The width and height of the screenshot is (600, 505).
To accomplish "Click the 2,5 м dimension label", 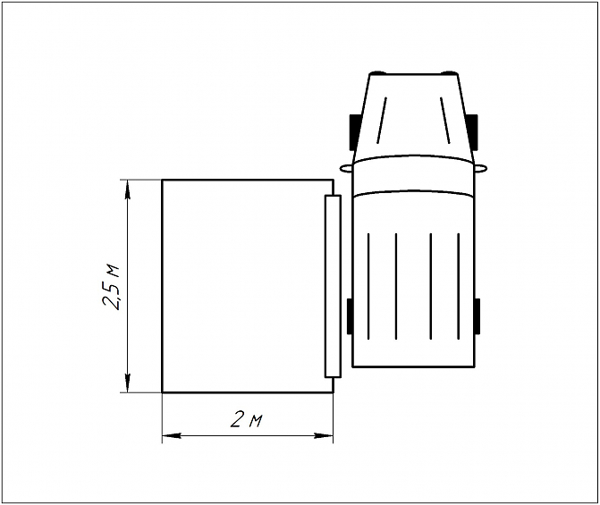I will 113,287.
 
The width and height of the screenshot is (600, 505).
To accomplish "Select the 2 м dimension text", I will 245,420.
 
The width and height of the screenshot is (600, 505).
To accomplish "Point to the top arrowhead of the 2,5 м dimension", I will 130,187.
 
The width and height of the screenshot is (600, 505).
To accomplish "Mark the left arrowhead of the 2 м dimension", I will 170,436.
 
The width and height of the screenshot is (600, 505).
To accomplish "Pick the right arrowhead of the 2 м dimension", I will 325,436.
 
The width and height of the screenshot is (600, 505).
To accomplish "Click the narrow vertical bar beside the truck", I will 333,285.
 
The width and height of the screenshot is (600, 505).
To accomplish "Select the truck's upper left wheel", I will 353,131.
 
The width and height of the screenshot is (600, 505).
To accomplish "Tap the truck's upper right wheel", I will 475,131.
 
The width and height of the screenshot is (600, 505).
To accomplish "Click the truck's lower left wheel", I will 350,316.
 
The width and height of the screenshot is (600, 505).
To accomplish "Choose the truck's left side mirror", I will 345,167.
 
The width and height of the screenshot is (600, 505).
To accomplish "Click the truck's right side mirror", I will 481,167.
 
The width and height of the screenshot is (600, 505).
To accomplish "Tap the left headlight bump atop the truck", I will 379,72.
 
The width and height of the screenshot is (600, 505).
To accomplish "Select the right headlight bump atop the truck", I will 450,72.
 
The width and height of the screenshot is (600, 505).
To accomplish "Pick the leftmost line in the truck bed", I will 369,286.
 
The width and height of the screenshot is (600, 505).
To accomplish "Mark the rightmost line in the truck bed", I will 459,286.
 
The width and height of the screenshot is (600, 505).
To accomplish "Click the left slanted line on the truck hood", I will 382,119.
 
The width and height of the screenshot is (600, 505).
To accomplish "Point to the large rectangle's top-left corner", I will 162,180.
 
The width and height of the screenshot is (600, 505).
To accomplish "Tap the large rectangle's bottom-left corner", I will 162,392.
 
